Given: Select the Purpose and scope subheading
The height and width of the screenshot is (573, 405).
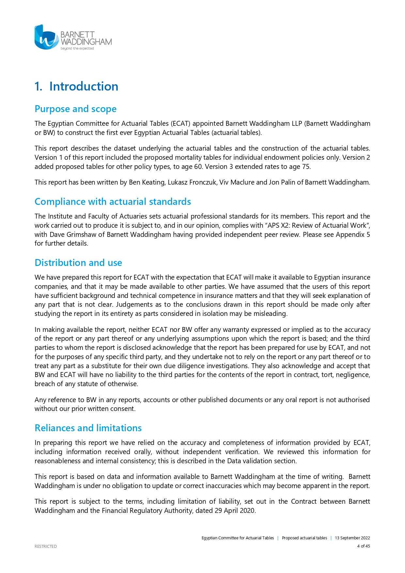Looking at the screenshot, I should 75,109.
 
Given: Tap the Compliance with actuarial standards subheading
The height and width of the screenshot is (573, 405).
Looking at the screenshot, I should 113,202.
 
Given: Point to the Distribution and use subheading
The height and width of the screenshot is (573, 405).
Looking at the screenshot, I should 78,263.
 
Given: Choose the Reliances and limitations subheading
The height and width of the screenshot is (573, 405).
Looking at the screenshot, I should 88,428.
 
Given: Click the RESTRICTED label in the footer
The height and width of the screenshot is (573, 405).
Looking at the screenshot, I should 46,546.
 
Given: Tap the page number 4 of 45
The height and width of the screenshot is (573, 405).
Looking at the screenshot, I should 363,546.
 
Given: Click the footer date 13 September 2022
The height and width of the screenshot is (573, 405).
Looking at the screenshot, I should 352,538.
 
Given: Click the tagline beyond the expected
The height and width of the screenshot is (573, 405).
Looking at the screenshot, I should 77,49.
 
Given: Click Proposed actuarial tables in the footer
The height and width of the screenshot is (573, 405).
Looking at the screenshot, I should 304,538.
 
